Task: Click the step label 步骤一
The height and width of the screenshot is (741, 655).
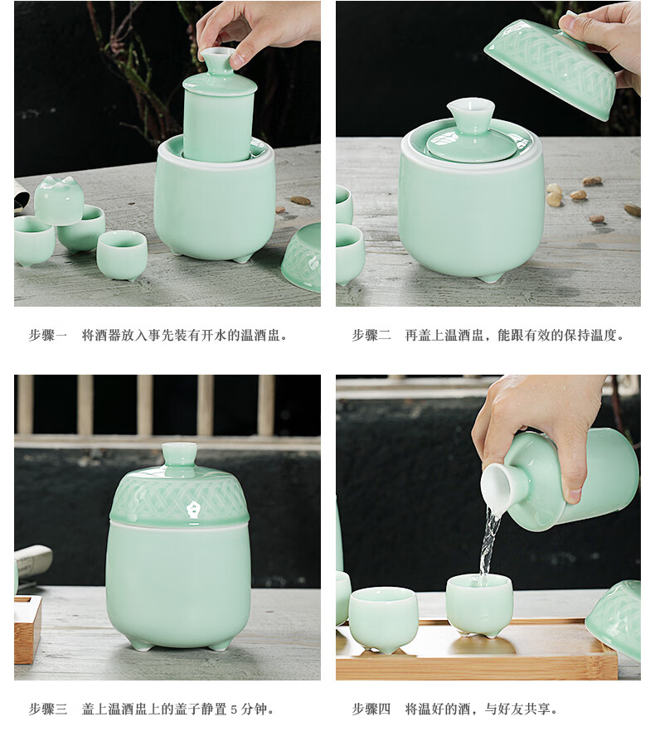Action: pyautogui.click(x=48, y=336)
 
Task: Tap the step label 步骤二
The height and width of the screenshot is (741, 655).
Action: pyautogui.click(x=371, y=336)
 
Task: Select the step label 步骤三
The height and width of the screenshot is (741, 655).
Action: pyautogui.click(x=48, y=709)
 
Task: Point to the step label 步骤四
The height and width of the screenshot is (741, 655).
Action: pyautogui.click(x=371, y=709)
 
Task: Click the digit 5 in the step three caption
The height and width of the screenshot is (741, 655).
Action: pyautogui.click(x=234, y=710)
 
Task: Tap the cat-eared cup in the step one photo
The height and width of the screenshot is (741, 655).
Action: pyautogui.click(x=59, y=201)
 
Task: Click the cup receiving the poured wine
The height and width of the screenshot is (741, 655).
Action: pyautogui.click(x=479, y=605)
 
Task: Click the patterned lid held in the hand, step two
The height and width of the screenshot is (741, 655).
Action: pyautogui.click(x=551, y=68)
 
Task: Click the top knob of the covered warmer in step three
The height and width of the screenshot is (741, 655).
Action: pyautogui.click(x=179, y=454)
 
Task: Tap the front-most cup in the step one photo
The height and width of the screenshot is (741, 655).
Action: pyautogui.click(x=121, y=255)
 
